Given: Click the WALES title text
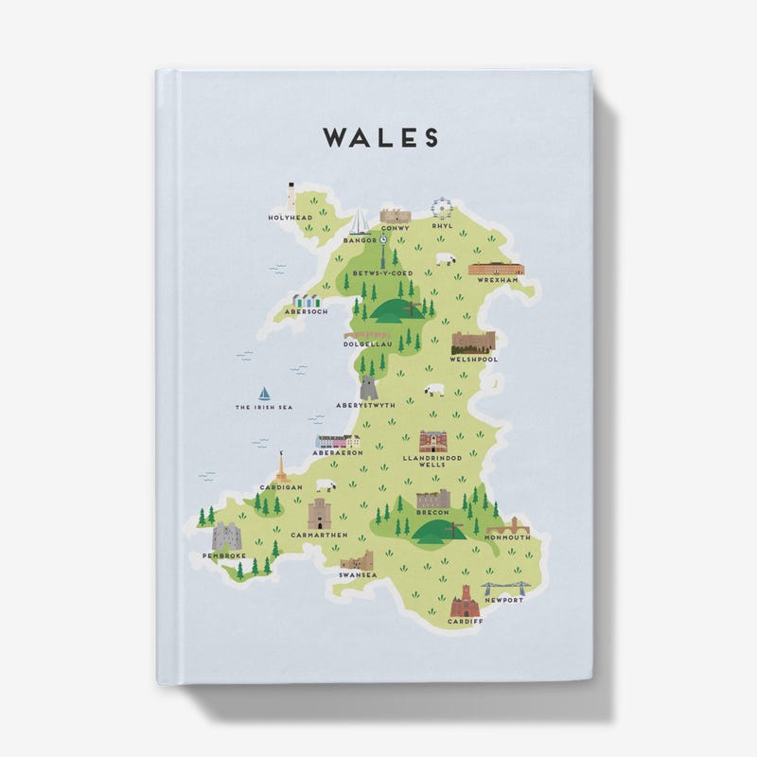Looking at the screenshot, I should coord(380,138).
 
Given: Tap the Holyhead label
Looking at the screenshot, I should coord(290,218).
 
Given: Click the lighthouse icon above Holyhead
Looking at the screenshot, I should coord(291,196).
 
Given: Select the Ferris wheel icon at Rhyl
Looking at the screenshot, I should coord(441,208).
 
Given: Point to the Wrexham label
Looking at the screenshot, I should coord(498,281).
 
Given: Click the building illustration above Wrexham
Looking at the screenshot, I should coord(496,269).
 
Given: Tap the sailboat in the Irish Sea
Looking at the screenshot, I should coord(264,393).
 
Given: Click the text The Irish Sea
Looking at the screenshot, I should coord(264,408).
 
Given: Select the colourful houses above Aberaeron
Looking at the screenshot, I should coord(338,441).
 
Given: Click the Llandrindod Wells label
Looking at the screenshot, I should coord(432,461).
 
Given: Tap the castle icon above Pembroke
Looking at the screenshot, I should coord(226,537).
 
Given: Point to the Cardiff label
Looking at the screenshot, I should coord(466,622).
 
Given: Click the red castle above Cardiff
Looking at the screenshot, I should coord(466,601).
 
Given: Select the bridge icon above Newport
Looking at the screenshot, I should coord(504,589).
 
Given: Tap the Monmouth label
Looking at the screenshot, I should coord(508,537).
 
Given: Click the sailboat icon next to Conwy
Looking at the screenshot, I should coord(361,222).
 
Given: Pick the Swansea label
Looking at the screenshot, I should coord(358,574).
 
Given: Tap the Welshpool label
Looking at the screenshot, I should coord(474,360).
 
